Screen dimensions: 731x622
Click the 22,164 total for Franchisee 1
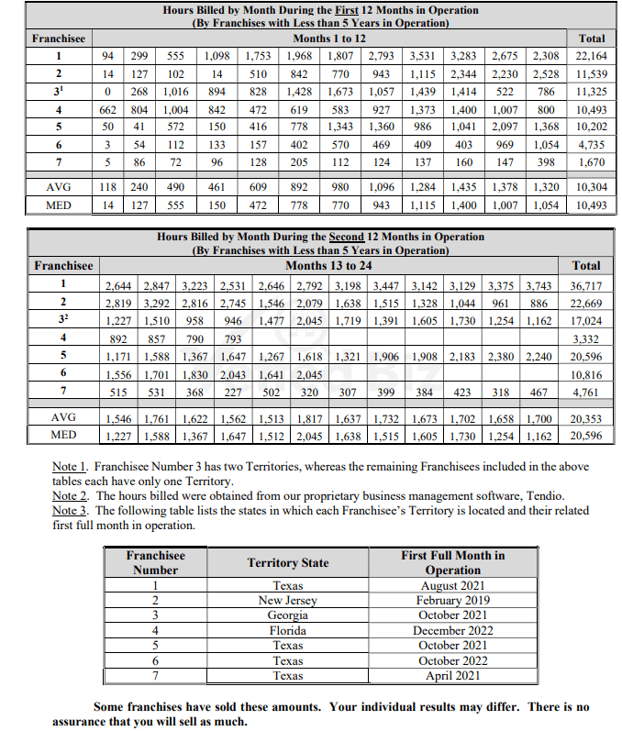tap(591, 56)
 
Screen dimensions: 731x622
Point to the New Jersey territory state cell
tap(287, 601)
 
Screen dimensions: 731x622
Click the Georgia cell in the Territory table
tap(287, 615)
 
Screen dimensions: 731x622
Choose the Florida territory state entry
tap(287, 630)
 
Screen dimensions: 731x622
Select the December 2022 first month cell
tap(452, 630)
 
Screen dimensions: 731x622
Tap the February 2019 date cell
tap(452, 601)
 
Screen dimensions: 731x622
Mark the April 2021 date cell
tap(452, 676)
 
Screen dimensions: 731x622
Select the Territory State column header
tap(287, 562)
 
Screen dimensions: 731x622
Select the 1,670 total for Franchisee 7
tap(591, 161)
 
